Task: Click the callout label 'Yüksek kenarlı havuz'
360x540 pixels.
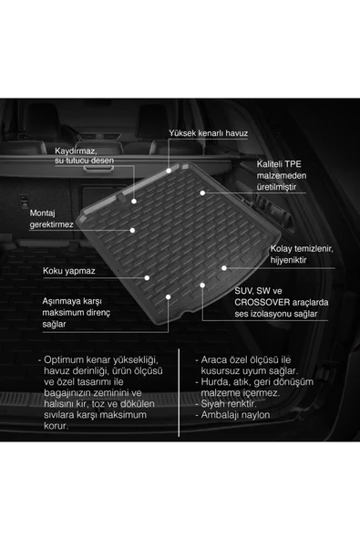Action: (208, 133)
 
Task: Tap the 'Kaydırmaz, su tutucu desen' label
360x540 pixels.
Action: (84, 156)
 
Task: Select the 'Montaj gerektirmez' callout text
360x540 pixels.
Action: (51, 219)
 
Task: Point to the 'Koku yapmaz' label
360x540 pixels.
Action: (69, 271)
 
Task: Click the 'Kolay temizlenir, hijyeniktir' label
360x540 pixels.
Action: (302, 254)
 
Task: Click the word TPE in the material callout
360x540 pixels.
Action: (293, 164)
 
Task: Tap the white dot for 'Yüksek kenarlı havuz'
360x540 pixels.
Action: (169, 171)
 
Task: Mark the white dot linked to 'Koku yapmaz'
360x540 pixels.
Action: (147, 277)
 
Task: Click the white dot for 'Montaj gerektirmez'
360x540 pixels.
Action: (132, 230)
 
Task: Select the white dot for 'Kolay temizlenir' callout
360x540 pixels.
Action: (224, 268)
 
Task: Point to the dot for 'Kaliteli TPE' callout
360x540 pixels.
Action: (202, 192)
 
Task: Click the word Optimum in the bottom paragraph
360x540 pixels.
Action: (64, 360)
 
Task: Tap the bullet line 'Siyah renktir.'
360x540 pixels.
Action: (226, 403)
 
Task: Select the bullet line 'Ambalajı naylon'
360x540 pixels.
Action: (232, 415)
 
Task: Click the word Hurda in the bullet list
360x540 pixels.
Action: (212, 382)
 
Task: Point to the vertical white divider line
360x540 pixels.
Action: (179, 392)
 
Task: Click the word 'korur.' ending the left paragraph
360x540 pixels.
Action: (57, 426)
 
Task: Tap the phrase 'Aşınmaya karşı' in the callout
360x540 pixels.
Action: (72, 301)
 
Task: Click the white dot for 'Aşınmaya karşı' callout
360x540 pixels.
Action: (169, 296)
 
